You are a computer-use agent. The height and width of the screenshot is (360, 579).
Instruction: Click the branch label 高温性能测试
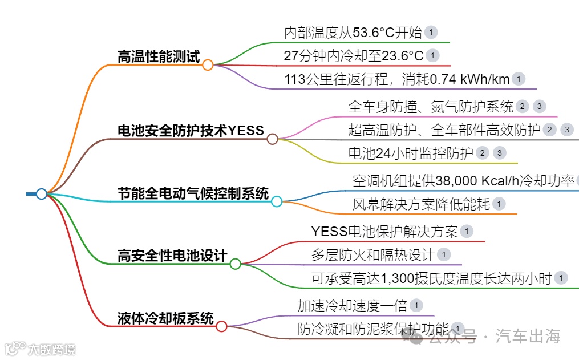tap(158, 56)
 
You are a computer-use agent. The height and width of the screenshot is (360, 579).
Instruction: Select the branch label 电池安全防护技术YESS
tap(191, 131)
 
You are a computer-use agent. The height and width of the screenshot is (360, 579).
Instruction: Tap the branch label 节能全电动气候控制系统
tap(193, 193)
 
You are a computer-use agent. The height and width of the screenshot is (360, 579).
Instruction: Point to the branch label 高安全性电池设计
tap(172, 256)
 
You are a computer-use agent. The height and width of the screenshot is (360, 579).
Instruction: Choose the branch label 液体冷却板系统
tap(165, 318)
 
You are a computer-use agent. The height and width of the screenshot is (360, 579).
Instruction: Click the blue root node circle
tap(41, 194)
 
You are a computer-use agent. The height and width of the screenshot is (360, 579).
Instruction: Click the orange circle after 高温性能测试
tap(208, 65)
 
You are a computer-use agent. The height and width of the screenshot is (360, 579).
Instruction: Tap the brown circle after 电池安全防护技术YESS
tap(272, 139)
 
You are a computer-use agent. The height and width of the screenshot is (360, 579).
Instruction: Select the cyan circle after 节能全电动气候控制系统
tap(277, 201)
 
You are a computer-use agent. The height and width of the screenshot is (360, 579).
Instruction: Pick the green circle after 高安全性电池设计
tap(235, 264)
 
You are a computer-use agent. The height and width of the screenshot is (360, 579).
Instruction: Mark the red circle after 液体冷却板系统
tap(221, 326)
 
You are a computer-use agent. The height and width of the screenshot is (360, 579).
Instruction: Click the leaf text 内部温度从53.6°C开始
tap(353, 33)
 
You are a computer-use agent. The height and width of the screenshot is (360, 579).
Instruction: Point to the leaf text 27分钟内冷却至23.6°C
tap(354, 56)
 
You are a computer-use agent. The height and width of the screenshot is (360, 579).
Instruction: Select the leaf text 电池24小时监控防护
tap(411, 153)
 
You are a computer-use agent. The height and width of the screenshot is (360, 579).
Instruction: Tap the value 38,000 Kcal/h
tap(483, 181)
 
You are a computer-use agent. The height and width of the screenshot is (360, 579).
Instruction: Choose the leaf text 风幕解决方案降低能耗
tap(421, 204)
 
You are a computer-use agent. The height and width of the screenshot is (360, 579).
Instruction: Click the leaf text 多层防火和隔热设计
tap(372, 254)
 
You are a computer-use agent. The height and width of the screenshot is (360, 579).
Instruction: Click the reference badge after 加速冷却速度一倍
tap(416, 306)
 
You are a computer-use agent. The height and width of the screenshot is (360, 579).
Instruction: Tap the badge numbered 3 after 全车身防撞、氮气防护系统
tap(539, 106)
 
